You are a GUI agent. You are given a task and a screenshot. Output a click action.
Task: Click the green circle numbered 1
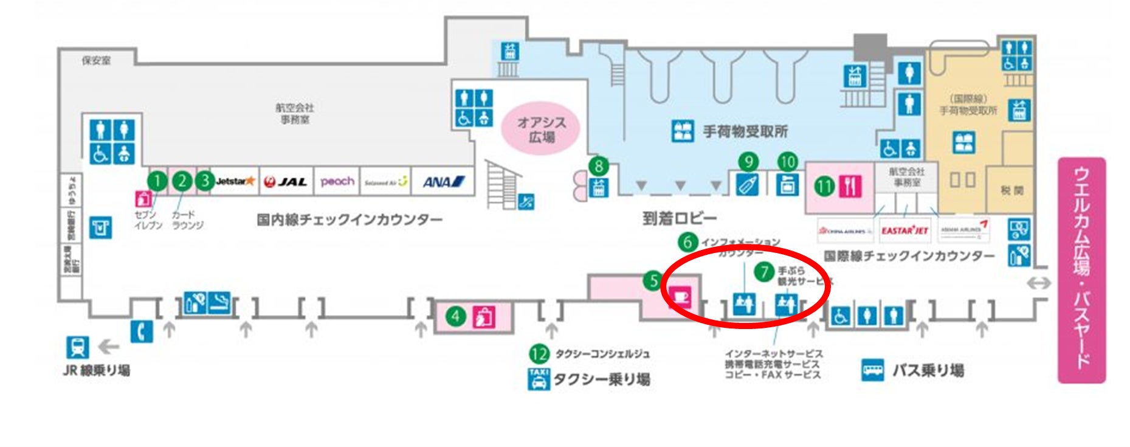coord(157,181)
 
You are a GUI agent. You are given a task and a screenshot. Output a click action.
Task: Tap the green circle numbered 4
coord(455,316)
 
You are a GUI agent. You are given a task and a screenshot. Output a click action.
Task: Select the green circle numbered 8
coord(599,166)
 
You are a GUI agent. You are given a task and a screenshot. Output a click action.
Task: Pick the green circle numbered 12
coord(539,353)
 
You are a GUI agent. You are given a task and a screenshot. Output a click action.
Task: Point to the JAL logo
coord(286,182)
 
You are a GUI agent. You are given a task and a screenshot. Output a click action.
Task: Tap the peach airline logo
coord(337,182)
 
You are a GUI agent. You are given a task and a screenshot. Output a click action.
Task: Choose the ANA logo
coord(443,182)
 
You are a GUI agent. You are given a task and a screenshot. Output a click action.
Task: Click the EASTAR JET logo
coord(904,230)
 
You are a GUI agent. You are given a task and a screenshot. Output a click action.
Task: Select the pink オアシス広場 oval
coord(540,130)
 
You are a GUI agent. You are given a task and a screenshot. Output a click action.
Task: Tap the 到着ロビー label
coord(679,218)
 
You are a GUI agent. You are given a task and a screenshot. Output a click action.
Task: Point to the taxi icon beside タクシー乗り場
coord(539,379)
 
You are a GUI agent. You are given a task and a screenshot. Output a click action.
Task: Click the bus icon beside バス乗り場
coord(873,370)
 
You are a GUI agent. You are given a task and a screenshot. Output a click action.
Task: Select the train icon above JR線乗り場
coord(78,347)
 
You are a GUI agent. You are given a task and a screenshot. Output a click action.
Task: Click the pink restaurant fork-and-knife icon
coord(850,186)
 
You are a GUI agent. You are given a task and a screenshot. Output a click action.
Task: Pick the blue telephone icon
coord(142,331)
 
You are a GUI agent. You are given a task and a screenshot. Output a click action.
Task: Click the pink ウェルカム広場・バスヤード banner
coord(1081,270)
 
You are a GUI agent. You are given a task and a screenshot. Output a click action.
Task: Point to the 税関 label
coord(1012,190)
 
